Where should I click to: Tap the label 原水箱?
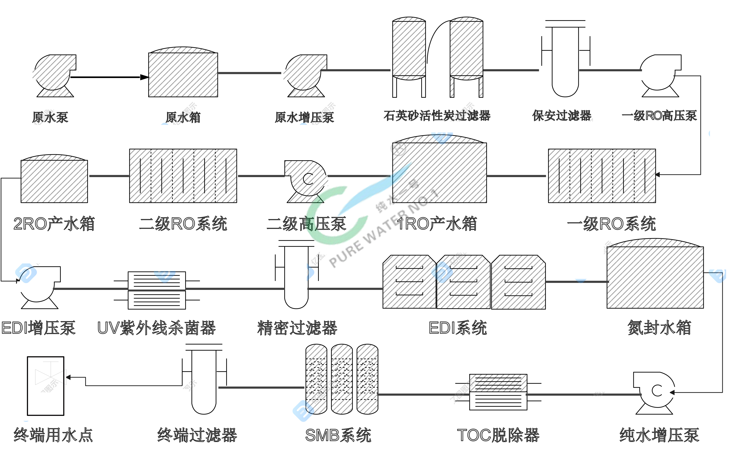tap(183, 117)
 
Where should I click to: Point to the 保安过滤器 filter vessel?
tap(565, 62)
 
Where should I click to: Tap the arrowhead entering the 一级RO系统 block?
tap(657, 174)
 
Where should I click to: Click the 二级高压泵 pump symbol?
tap(306, 181)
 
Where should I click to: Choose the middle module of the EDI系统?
tap(463, 282)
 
